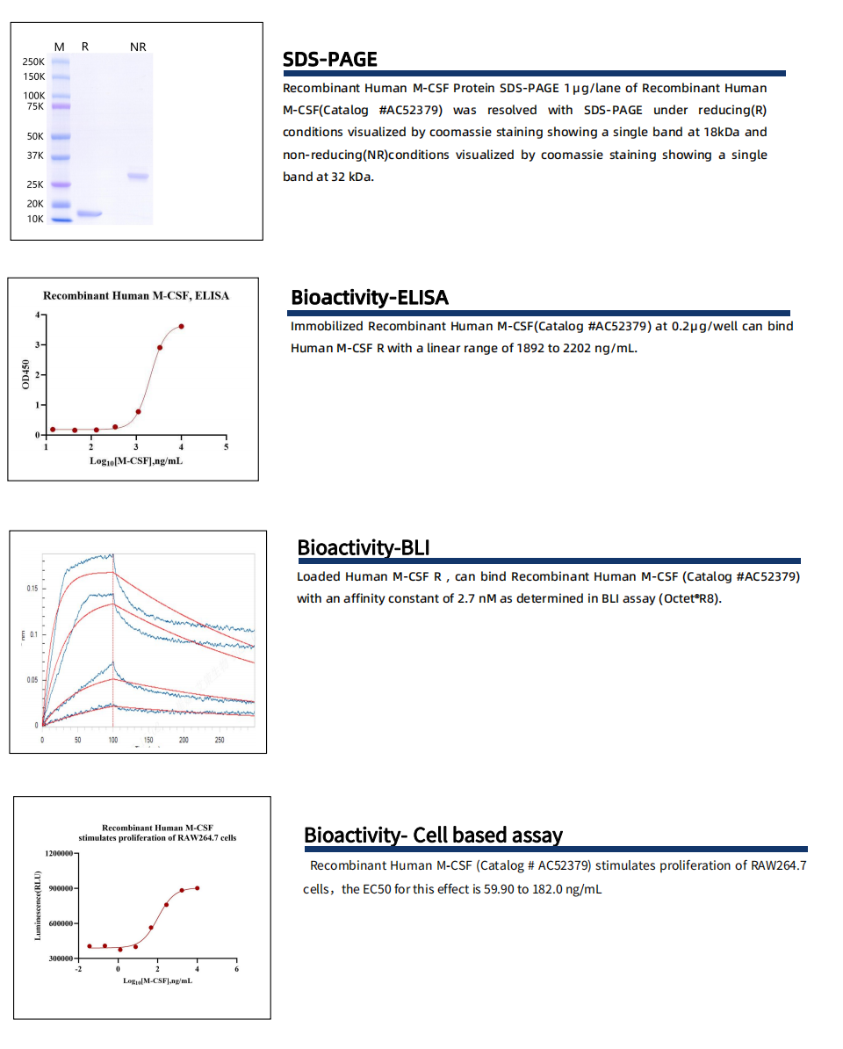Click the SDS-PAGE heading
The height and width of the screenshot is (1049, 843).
tap(329, 60)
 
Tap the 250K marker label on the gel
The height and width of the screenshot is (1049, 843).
tap(33, 61)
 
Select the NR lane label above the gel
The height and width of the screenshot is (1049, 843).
tap(138, 47)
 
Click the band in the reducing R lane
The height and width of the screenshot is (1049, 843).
tap(90, 213)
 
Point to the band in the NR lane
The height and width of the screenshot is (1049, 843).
tap(138, 177)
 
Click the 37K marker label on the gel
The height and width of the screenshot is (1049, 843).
tap(34, 156)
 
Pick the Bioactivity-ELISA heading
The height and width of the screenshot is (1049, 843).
tap(369, 298)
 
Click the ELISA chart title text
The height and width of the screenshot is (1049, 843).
tap(136, 296)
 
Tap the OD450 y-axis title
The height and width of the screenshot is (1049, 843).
tap(25, 375)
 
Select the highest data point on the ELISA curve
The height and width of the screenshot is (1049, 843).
tap(182, 326)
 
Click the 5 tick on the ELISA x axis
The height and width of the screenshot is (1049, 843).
tap(227, 447)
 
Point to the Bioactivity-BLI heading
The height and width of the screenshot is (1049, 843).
tap(363, 548)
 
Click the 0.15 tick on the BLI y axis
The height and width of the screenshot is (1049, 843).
tap(32, 588)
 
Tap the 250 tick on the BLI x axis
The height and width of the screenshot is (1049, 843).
tap(220, 741)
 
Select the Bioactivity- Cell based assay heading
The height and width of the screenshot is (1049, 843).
tap(433, 835)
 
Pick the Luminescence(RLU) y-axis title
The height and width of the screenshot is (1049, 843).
tap(38, 906)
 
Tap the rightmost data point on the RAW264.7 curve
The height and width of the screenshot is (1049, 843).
tap(198, 888)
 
